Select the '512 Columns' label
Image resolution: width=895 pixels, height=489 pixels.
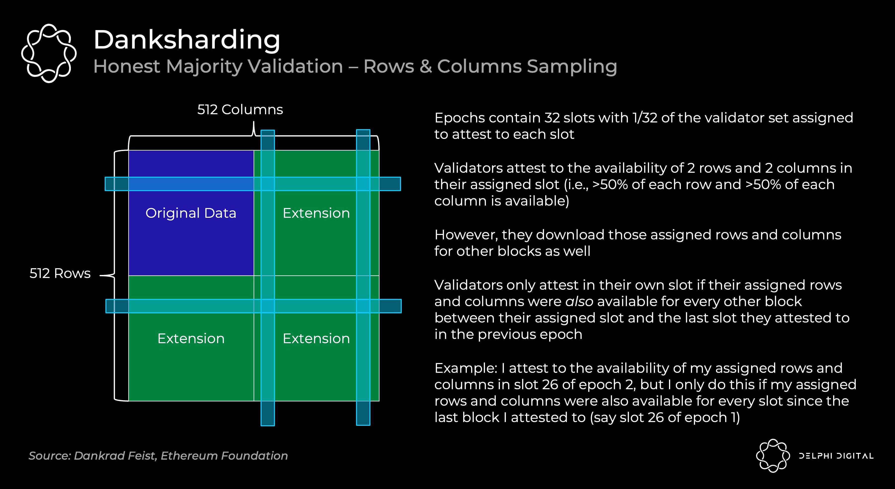pyautogui.click(x=240, y=109)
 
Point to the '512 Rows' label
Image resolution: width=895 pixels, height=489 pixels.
pyautogui.click(x=60, y=273)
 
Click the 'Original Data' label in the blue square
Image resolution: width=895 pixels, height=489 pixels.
pyautogui.click(x=191, y=213)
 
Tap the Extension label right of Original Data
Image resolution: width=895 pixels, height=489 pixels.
pyautogui.click(x=316, y=213)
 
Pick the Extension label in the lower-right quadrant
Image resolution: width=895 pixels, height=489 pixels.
pyautogui.click(x=316, y=338)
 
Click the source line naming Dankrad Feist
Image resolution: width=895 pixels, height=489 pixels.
pyautogui.click(x=158, y=456)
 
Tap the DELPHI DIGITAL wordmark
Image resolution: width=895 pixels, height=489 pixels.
pyautogui.click(x=836, y=456)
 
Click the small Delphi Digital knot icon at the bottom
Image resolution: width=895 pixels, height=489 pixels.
pyautogui.click(x=773, y=456)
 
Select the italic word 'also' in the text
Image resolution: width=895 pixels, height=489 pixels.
pyautogui.click(x=579, y=301)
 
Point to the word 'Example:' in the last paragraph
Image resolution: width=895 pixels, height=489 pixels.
pyautogui.click(x=466, y=368)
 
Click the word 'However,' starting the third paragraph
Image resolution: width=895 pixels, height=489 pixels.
pyautogui.click(x=466, y=235)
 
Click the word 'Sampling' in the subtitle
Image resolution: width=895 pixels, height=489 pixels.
pyautogui.click(x=572, y=66)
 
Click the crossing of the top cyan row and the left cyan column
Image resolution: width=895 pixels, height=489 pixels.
pyautogui.click(x=268, y=184)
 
